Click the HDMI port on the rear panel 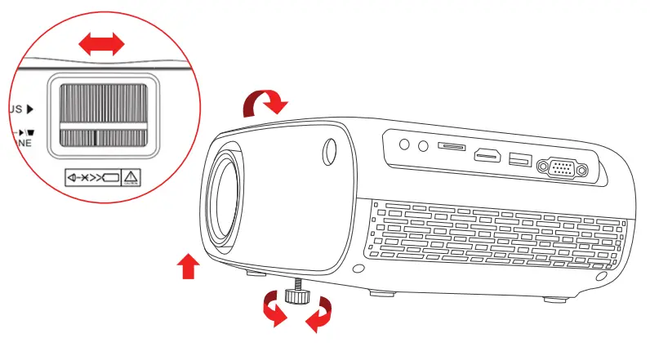point(488,154)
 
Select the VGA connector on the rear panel point(560,168)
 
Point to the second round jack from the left point(421,146)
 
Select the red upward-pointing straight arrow point(188,266)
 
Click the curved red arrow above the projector point(267,103)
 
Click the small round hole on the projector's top point(330,150)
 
